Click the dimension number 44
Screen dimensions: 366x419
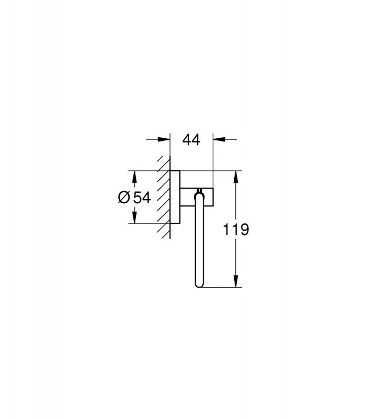pyautogui.click(x=191, y=139)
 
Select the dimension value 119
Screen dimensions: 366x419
pyautogui.click(x=236, y=229)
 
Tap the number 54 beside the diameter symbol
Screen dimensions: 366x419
pyautogui.click(x=142, y=197)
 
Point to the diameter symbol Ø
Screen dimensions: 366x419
pyautogui.click(x=124, y=197)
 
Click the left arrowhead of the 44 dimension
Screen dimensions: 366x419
pyautogui.click(x=164, y=139)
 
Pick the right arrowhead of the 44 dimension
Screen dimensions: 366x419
pyautogui.click(x=219, y=139)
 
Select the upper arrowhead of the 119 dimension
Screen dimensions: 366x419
pyautogui.click(x=236, y=177)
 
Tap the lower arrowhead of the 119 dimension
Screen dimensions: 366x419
pyautogui.click(x=236, y=281)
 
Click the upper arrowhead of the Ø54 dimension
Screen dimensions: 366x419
pyautogui.click(x=134, y=177)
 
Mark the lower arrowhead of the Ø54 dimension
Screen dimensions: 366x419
pyautogui.click(x=134, y=217)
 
